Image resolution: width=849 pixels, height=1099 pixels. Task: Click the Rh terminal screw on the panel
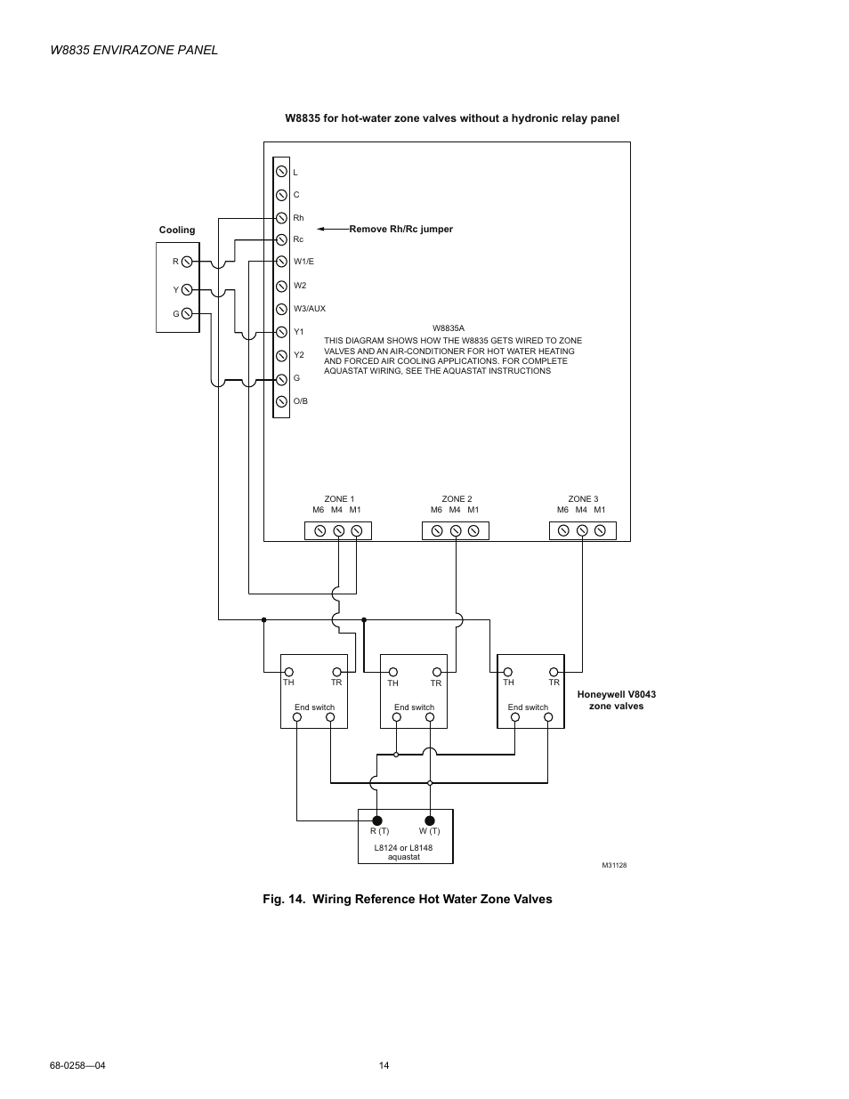click(281, 217)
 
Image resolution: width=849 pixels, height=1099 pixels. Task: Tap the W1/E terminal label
click(303, 262)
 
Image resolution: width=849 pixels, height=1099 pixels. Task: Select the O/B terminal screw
click(281, 401)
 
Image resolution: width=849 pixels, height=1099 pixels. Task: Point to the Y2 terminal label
click(299, 355)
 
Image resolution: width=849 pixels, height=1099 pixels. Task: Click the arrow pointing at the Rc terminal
click(332, 230)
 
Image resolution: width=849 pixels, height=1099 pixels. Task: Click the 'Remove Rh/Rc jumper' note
click(400, 230)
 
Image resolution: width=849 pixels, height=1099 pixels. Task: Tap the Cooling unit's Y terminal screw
click(187, 290)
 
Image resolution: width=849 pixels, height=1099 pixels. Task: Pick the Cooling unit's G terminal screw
click(187, 314)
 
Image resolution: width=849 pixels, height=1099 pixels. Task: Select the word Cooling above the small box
click(177, 230)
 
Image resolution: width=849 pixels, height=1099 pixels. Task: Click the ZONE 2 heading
click(457, 499)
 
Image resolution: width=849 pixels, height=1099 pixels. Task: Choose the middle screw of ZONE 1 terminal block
click(338, 531)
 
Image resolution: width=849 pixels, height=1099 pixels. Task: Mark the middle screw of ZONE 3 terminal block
click(582, 531)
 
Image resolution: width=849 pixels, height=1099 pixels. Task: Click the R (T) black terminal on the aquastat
click(377, 820)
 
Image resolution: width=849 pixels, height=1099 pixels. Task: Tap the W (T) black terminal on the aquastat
click(429, 820)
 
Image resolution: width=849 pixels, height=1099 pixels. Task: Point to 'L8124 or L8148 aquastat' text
click(403, 853)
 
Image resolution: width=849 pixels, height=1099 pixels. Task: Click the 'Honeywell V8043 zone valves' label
click(616, 700)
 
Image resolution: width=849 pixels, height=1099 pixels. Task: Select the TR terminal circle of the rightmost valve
click(554, 673)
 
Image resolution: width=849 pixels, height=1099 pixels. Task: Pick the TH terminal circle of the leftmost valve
click(288, 673)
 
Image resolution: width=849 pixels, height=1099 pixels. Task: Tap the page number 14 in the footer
click(384, 1066)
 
